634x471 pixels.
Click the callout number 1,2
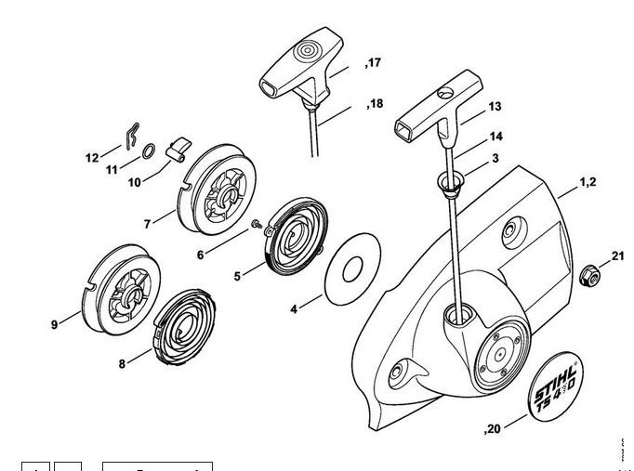click(x=588, y=182)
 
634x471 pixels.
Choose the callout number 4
click(x=294, y=307)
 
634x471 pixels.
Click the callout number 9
click(x=55, y=324)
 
